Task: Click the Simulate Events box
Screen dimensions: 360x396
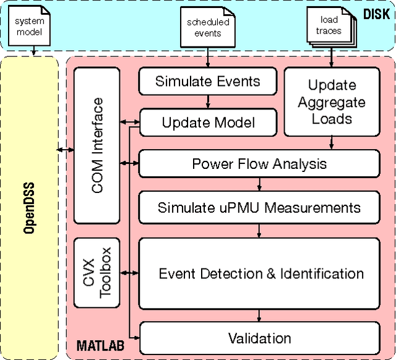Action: pos(207,81)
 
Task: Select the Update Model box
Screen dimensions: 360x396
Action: pos(207,122)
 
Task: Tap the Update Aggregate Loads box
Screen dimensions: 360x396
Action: pos(332,101)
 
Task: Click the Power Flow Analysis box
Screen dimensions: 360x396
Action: pos(259,164)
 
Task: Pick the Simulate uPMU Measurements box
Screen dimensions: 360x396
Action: pos(259,207)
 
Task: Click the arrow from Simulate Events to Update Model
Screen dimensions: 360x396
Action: pos(207,101)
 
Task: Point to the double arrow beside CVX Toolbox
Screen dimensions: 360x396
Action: pos(129,272)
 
